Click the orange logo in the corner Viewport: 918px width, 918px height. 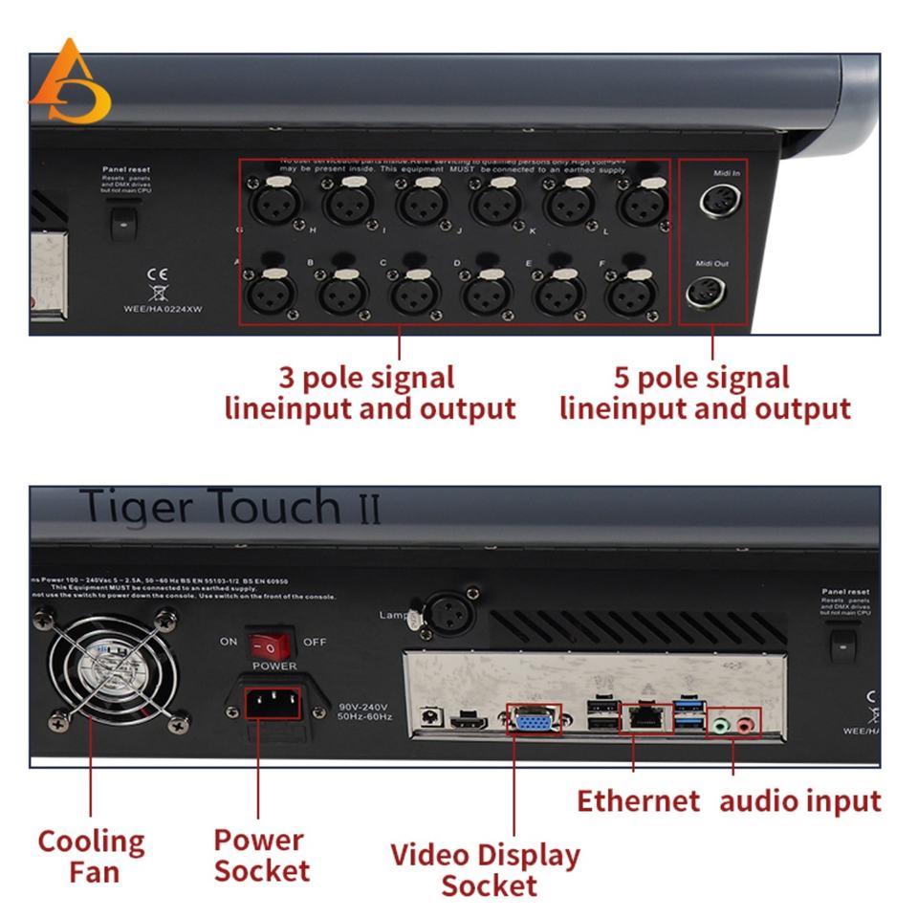(x=68, y=84)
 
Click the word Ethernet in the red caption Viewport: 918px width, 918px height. (x=638, y=800)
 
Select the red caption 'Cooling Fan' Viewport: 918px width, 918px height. (x=91, y=856)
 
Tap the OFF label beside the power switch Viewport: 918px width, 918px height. (x=315, y=642)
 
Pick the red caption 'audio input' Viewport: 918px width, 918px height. (x=799, y=800)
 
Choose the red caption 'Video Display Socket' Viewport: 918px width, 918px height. (x=486, y=868)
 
